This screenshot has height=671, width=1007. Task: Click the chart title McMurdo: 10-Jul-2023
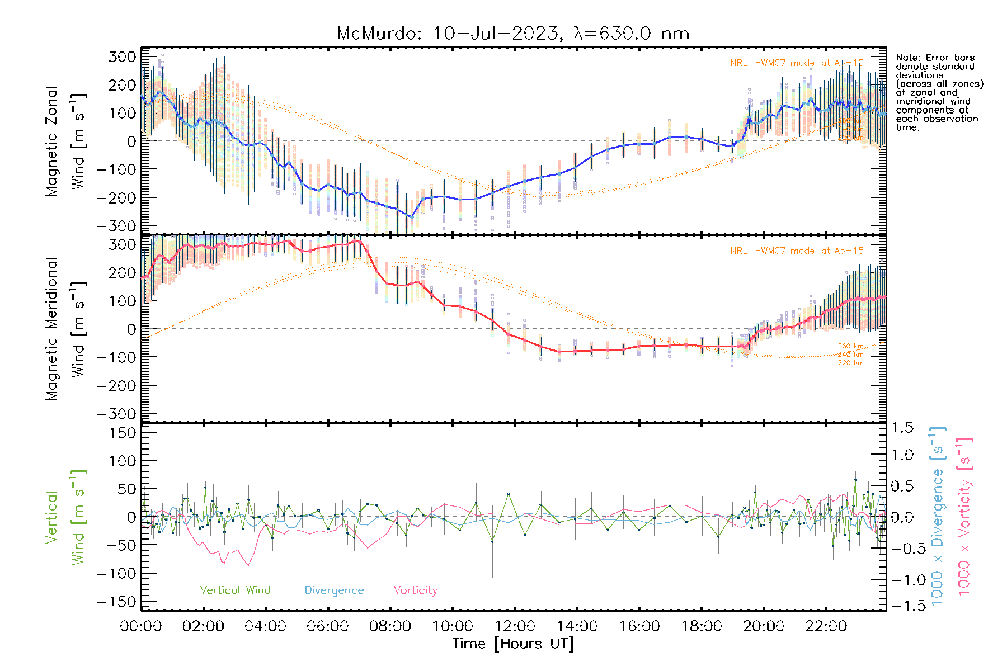click(x=512, y=34)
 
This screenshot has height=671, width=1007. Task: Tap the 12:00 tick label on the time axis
click(x=515, y=626)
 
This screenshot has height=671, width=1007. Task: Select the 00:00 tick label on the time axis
click(x=141, y=626)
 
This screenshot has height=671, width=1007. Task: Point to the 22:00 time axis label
click(x=826, y=626)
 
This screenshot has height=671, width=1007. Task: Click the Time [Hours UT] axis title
click(x=513, y=644)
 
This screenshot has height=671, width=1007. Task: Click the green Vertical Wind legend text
click(x=235, y=590)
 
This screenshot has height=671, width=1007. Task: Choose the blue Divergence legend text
click(x=334, y=590)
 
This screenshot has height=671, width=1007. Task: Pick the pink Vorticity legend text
click(x=415, y=590)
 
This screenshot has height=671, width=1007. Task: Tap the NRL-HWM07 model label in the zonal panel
click(x=797, y=63)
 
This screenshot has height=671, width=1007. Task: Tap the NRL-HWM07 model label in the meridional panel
click(x=797, y=251)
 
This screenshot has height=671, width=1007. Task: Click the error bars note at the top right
click(x=939, y=92)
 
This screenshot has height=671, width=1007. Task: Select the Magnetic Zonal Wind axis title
click(x=66, y=141)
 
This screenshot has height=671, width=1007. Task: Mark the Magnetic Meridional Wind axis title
click(x=66, y=329)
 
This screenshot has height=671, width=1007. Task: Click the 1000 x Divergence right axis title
click(x=937, y=516)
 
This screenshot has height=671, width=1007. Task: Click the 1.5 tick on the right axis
click(x=902, y=428)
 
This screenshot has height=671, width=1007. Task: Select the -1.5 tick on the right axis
click(x=902, y=606)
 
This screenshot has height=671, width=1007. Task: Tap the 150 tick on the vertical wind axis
click(x=122, y=433)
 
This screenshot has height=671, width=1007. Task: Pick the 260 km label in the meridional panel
click(x=850, y=347)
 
